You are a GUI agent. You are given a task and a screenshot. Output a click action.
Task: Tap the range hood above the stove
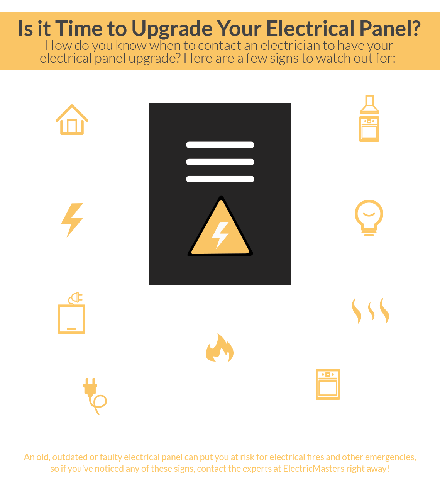(369, 104)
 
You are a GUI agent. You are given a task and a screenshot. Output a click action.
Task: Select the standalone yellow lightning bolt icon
(72, 220)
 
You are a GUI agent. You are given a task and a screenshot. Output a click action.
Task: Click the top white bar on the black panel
(220, 145)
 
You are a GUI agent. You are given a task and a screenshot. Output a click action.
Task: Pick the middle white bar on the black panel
(220, 162)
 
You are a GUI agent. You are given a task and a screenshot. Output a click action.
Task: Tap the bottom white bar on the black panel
(220, 179)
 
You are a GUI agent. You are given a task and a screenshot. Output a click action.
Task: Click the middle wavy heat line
(371, 311)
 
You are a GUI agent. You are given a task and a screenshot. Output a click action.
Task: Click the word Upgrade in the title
(172, 29)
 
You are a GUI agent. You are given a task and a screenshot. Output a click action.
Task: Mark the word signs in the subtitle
(284, 59)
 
